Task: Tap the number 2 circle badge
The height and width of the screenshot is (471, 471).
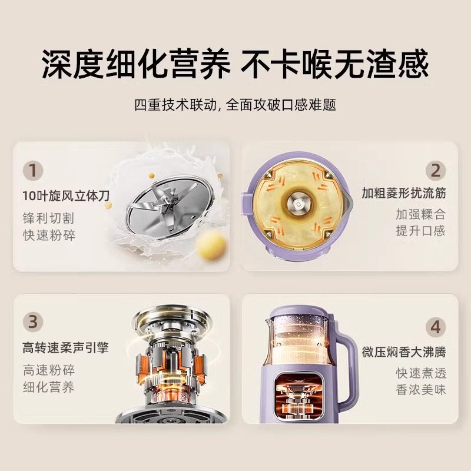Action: tap(436, 171)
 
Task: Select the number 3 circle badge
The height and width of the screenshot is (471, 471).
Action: tap(34, 322)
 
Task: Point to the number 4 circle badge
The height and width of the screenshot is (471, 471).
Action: tap(436, 326)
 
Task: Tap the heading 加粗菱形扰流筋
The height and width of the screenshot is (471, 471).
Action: tap(404, 193)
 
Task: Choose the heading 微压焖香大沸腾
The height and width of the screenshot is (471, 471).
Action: tap(404, 353)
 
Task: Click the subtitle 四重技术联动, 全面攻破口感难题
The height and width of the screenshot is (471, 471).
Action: tap(235, 105)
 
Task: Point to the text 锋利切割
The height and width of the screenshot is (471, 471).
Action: tap(49, 218)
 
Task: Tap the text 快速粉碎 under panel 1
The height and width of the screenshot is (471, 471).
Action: tap(49, 235)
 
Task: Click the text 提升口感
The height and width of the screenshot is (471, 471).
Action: tap(421, 230)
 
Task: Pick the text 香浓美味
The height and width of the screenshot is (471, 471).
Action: tap(421, 389)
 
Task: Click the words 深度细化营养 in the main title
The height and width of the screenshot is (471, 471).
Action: tap(134, 64)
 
